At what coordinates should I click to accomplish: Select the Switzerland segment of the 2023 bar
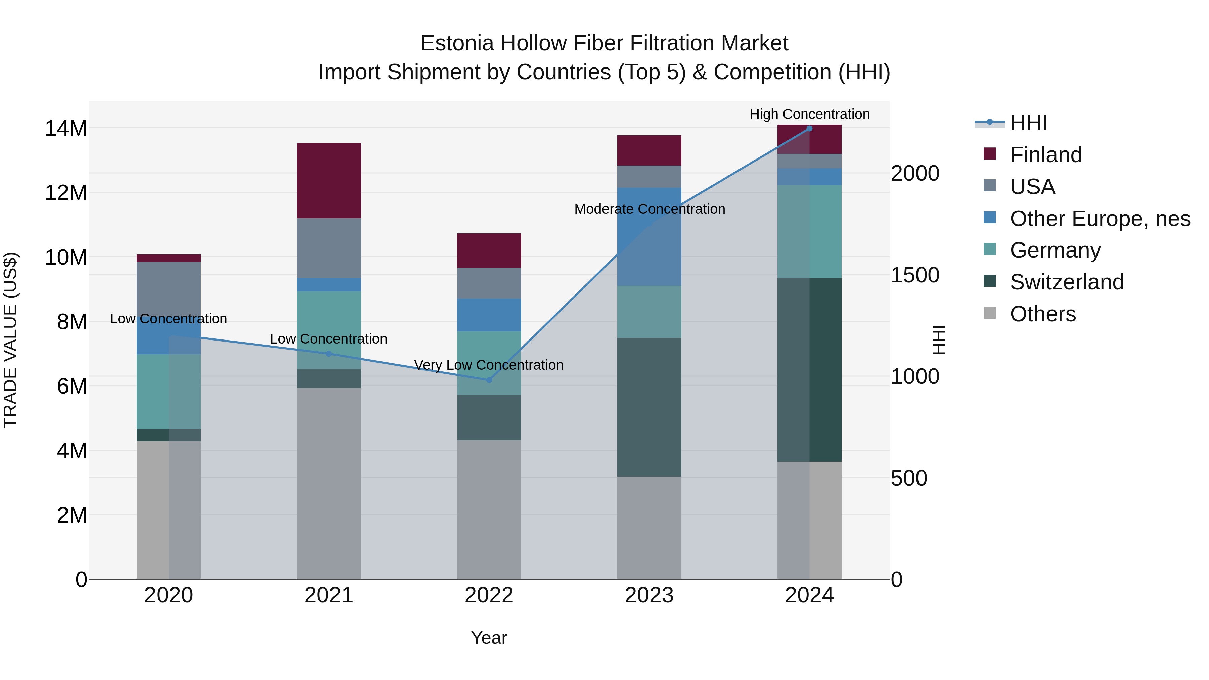click(649, 407)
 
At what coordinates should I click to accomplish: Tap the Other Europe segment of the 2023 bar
click(649, 236)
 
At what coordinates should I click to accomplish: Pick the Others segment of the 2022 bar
click(489, 509)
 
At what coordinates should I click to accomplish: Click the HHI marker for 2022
click(489, 380)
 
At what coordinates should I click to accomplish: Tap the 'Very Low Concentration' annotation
click(489, 365)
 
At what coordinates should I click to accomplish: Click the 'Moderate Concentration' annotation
click(650, 209)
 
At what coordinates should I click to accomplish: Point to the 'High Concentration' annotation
click(810, 114)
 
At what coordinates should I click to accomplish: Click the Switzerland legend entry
click(1066, 282)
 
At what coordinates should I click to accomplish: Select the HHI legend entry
click(1028, 123)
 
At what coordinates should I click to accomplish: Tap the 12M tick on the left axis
click(66, 193)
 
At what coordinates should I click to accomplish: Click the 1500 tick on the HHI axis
click(915, 275)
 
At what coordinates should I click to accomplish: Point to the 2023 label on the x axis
click(649, 595)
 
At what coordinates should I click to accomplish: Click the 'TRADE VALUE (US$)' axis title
click(10, 340)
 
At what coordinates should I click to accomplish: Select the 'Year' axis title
click(489, 638)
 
